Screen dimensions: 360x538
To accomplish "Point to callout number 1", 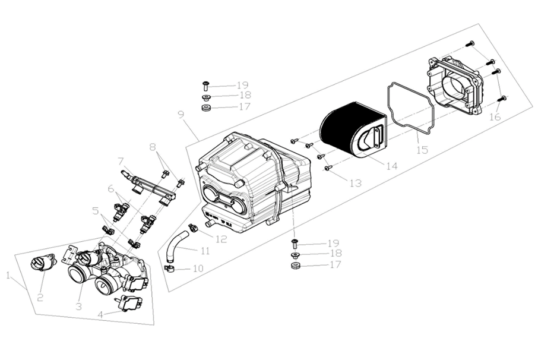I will tap(8, 276).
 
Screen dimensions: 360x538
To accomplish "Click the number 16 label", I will tap(495, 117).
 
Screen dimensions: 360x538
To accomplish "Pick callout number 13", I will tap(355, 183).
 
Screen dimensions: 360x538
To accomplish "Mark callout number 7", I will tap(121, 161).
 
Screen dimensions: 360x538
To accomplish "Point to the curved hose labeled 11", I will tap(176, 244).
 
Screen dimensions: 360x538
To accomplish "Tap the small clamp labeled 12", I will tap(192, 228).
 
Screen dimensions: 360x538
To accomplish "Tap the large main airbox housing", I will tap(249, 178).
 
